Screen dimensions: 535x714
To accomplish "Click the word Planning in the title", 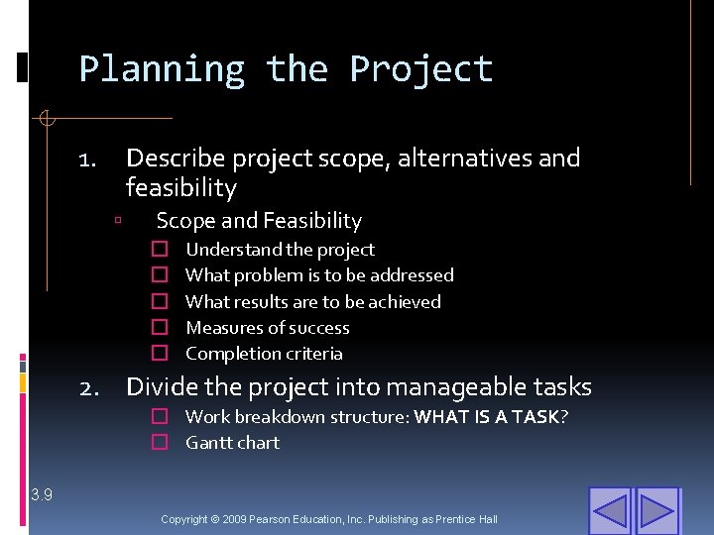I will pyautogui.click(x=162, y=70).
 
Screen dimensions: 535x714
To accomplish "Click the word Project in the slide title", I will pyautogui.click(x=420, y=70).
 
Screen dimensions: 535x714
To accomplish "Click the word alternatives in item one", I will pyautogui.click(x=466, y=159).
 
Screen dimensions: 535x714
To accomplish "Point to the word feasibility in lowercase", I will pyautogui.click(x=181, y=188).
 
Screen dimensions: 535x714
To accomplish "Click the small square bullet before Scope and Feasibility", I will pyautogui.click(x=118, y=222).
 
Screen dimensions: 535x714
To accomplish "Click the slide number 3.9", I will pyautogui.click(x=42, y=494).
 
